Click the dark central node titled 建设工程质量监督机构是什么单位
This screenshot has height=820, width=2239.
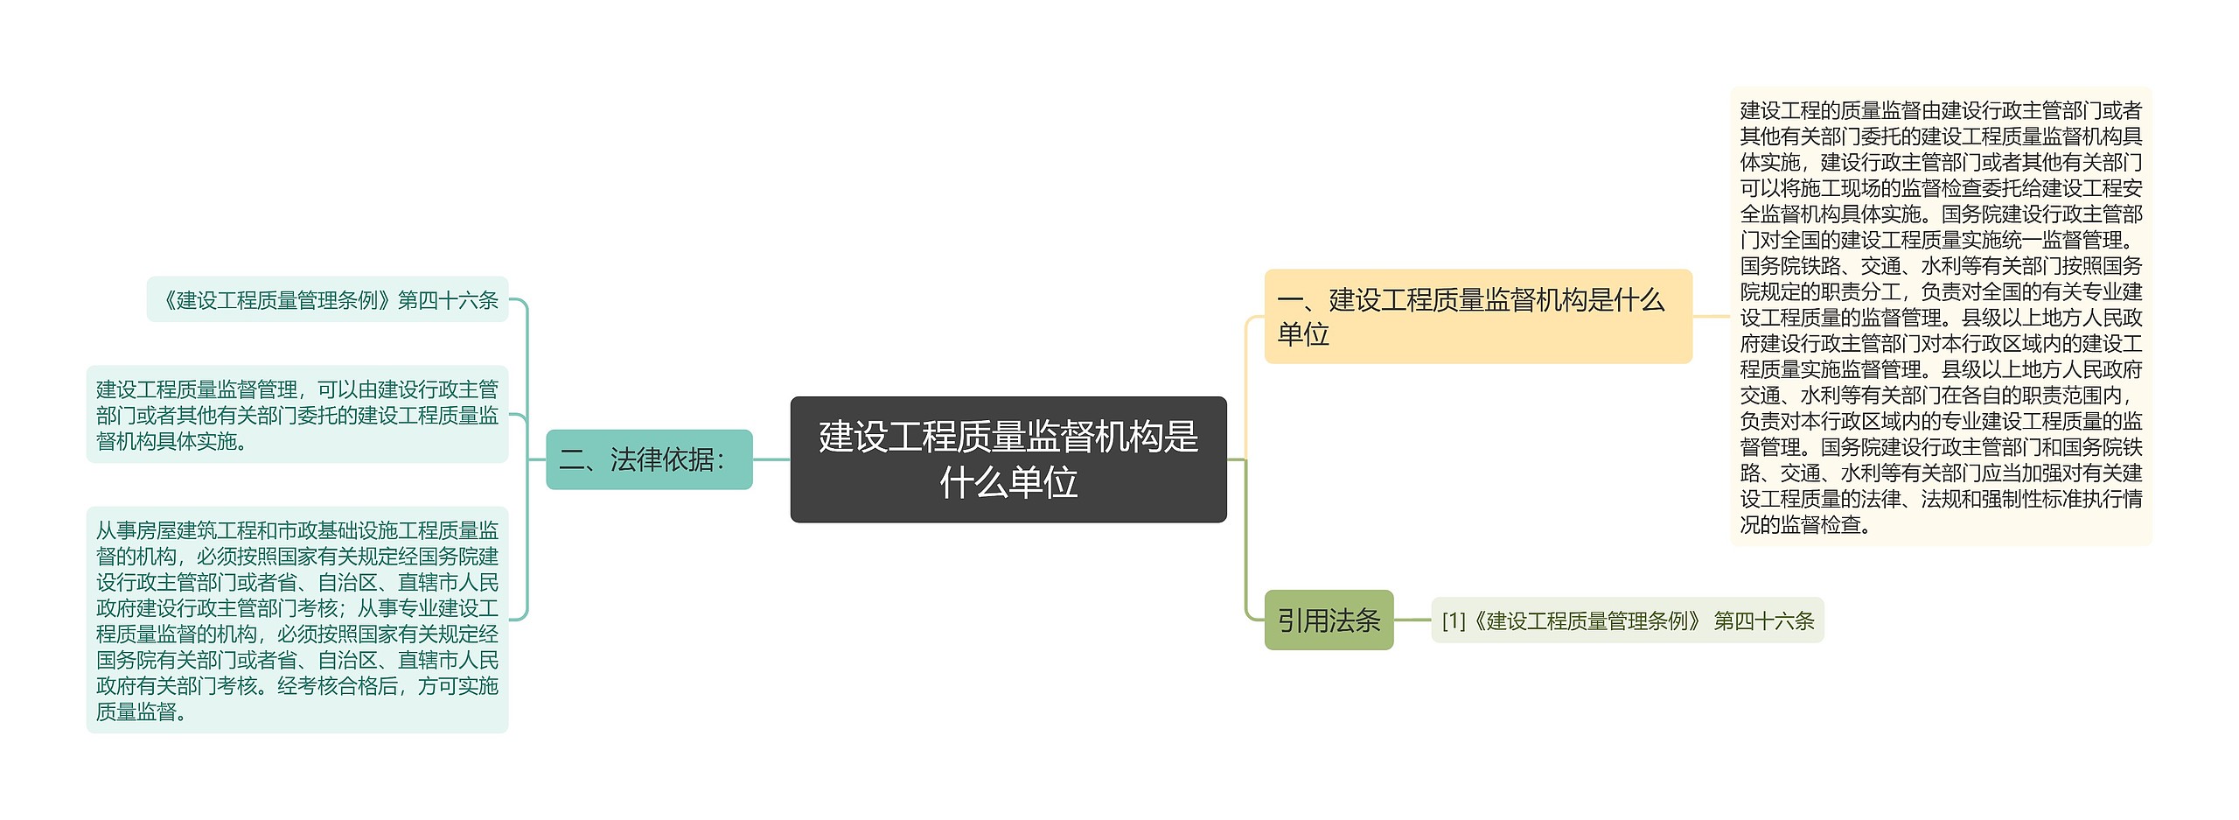(x=1008, y=459)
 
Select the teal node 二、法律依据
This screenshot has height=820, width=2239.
(x=648, y=459)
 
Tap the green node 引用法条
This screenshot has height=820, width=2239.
(x=1328, y=620)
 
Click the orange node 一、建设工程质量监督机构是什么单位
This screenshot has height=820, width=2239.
(x=1477, y=316)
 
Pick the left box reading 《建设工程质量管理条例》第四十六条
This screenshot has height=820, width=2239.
(x=327, y=300)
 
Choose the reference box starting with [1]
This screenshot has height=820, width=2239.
(x=1627, y=620)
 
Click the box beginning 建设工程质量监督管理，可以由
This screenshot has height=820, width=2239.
(x=296, y=415)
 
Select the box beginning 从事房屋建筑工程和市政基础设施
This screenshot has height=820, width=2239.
(x=296, y=620)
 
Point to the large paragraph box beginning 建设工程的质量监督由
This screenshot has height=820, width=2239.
(x=1940, y=316)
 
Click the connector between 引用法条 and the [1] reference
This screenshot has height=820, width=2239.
(x=1412, y=620)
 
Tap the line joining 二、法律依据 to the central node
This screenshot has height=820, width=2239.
(x=771, y=459)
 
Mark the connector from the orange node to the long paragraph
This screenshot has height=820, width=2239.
(x=1711, y=316)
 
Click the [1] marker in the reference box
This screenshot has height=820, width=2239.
(x=1453, y=621)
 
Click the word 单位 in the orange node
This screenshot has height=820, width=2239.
(x=1303, y=334)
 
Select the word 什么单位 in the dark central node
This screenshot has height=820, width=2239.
(x=1008, y=482)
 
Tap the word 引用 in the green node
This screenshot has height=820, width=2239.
(x=1303, y=620)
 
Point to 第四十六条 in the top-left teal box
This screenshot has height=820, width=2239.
(x=448, y=300)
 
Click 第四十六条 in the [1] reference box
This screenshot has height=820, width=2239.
(x=1763, y=621)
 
